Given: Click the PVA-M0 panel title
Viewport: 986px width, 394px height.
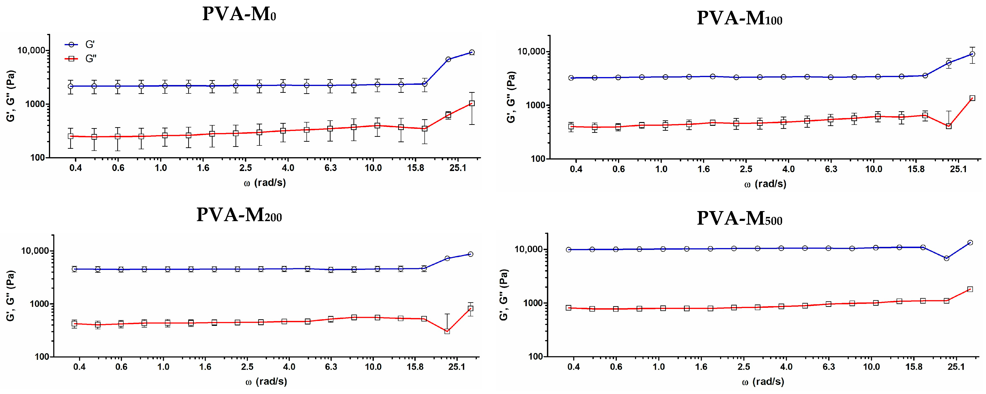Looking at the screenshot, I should tap(239, 14).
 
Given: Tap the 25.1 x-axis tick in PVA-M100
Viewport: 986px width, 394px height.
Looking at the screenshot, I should tap(958, 169).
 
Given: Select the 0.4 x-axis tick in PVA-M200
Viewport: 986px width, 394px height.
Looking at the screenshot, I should tap(79, 367).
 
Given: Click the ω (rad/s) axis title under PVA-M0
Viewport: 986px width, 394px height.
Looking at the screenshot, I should tap(265, 183).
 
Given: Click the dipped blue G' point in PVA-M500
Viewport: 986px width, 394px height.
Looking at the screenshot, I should tap(947, 258).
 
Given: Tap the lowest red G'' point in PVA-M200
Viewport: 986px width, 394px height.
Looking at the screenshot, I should tap(447, 331).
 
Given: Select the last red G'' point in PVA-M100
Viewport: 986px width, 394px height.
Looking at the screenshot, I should tap(972, 98).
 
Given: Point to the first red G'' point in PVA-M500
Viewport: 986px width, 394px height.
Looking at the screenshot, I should tap(569, 308).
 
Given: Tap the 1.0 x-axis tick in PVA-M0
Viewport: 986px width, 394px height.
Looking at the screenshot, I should tap(161, 168).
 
